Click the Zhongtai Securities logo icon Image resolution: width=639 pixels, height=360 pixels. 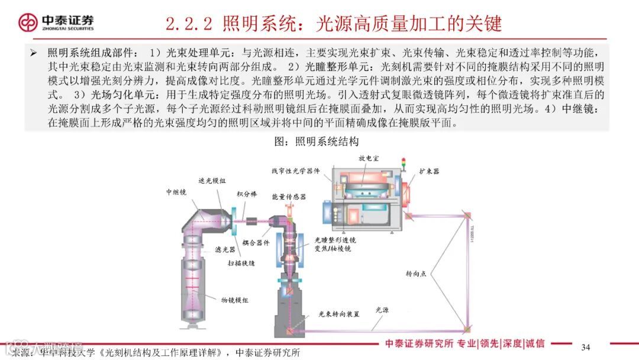27,22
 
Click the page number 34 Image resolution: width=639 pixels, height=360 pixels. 586,346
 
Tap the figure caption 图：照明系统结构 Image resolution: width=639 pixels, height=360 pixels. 317,142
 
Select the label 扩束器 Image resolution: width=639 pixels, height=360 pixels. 429,171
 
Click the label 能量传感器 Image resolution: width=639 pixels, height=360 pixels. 289,197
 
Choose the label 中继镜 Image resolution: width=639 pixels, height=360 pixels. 176,192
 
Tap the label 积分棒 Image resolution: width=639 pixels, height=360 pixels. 246,194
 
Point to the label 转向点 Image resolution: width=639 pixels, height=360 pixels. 415,274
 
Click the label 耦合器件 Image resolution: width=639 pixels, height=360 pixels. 256,242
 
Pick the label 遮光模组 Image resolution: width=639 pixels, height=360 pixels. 212,181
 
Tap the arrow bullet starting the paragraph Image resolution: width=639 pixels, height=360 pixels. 34,53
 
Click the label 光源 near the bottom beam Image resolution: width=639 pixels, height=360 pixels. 383,309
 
